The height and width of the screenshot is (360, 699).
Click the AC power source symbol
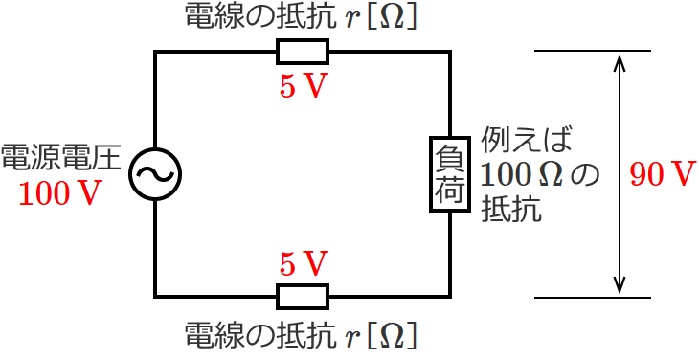pos(155,174)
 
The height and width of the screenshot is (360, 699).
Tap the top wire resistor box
pos(303,52)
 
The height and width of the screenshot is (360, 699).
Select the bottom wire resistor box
pos(303,297)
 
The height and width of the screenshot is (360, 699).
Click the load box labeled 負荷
pos(449,174)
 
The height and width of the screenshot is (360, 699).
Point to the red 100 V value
pos(60,194)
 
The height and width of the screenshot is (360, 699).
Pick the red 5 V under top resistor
pos(303,86)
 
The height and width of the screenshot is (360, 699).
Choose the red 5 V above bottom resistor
pos(303,262)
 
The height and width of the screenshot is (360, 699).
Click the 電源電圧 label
pos(60,157)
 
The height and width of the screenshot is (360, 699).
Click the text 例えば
pos(527,141)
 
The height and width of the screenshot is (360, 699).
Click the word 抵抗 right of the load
pos(511,208)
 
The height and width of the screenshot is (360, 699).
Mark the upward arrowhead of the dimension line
pos(620,61)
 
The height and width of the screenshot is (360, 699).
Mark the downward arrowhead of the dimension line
pos(620,286)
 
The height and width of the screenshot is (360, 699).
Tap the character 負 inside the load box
pos(449,157)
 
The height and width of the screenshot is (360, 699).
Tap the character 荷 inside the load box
pos(449,191)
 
